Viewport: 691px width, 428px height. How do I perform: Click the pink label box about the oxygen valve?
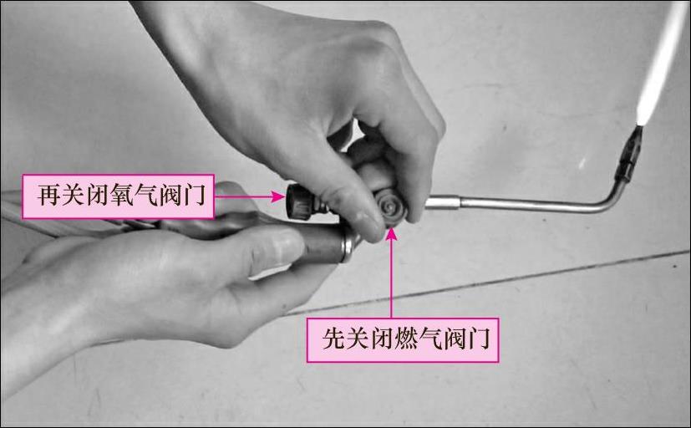[x=118, y=196]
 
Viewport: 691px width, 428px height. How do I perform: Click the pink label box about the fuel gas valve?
[x=403, y=340]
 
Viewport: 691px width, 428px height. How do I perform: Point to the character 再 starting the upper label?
[x=48, y=195]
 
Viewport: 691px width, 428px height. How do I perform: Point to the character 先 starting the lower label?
[x=333, y=339]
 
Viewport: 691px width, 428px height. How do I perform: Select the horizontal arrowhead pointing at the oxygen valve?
[x=278, y=196]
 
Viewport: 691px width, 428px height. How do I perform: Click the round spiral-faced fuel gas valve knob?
[x=391, y=207]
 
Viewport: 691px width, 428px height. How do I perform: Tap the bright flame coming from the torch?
[x=658, y=64]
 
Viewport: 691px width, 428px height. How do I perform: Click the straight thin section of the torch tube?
[x=529, y=204]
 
